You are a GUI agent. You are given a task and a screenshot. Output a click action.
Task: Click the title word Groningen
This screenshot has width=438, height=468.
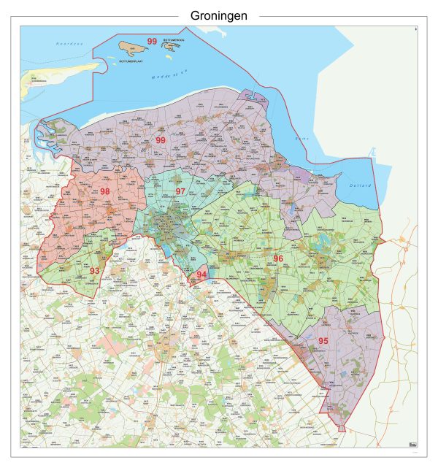pyautogui.click(x=218, y=15)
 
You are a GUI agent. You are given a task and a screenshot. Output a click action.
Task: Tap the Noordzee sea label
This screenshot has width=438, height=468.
pyautogui.click(x=70, y=45)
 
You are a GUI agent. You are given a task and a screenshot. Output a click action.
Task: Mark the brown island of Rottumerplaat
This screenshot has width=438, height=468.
pyautogui.click(x=132, y=49)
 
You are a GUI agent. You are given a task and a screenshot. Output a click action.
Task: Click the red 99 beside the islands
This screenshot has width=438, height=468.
pyautogui.click(x=153, y=41)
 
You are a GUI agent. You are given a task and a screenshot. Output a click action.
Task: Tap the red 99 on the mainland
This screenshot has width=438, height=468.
pyautogui.click(x=160, y=140)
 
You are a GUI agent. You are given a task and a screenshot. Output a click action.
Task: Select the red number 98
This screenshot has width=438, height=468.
pyautogui.click(x=105, y=192)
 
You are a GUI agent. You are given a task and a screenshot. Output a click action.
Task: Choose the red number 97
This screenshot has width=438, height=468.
pyautogui.click(x=180, y=191)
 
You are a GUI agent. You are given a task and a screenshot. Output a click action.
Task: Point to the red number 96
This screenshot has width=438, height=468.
pyautogui.click(x=277, y=259)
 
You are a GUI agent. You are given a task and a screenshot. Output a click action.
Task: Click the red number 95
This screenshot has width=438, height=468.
pyautogui.click(x=323, y=340)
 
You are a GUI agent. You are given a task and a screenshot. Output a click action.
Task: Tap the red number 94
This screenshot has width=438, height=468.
pyautogui.click(x=202, y=275)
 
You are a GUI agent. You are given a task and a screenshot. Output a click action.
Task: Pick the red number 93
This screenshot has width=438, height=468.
pyautogui.click(x=94, y=271)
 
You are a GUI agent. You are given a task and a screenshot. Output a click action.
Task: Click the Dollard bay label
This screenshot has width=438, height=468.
pyautogui.click(x=361, y=185)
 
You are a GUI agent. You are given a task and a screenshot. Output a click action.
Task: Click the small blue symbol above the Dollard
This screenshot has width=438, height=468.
pyautogui.click(x=372, y=152)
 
